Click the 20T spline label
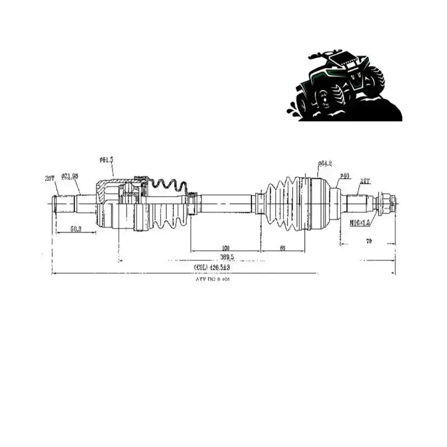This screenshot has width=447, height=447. coord(49,178)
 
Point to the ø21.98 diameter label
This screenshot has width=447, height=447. coord(70,175)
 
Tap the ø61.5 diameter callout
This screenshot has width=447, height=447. coord(106,160)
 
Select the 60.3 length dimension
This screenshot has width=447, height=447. coord(76,229)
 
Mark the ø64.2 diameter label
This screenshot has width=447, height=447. coord(325,163)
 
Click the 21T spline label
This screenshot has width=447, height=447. coord(365,180)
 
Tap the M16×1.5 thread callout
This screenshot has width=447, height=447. coord(360,222)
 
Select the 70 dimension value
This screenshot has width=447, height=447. coord(384,241)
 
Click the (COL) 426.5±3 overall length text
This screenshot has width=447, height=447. coord(212,268)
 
